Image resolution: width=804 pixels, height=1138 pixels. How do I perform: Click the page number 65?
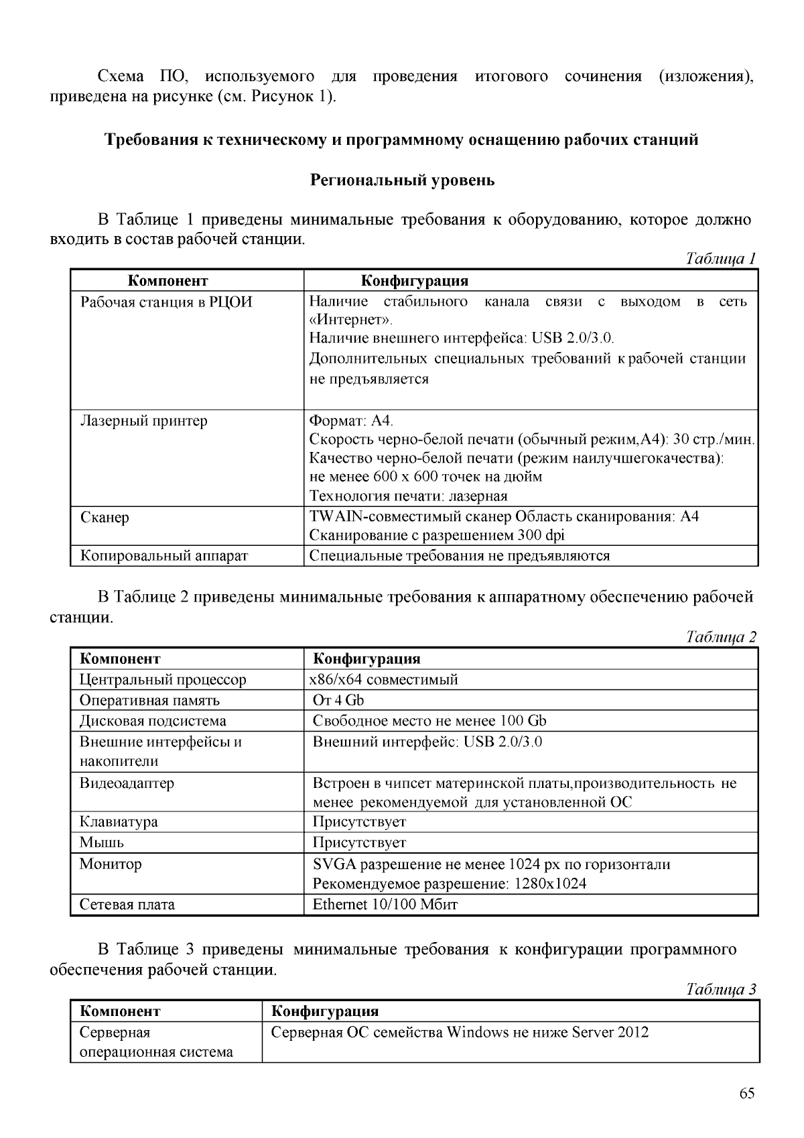pyautogui.click(x=747, y=1093)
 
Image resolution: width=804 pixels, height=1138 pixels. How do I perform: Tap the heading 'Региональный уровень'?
pyautogui.click(x=402, y=180)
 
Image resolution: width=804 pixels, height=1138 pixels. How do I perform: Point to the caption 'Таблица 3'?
pyautogui.click(x=721, y=989)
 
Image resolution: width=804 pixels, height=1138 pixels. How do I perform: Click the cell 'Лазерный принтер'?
pyautogui.click(x=144, y=421)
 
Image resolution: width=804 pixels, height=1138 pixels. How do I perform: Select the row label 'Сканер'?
pyautogui.click(x=105, y=518)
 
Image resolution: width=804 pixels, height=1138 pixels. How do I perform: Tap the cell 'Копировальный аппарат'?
pyautogui.click(x=164, y=556)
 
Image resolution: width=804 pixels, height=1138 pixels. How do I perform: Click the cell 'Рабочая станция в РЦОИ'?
pyautogui.click(x=166, y=302)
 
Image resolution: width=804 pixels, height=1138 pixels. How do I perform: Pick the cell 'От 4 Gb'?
pyautogui.click(x=338, y=700)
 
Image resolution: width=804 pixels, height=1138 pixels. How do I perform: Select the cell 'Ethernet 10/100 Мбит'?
pyautogui.click(x=385, y=905)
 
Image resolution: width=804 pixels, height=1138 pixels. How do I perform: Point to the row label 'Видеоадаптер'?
pyautogui.click(x=127, y=783)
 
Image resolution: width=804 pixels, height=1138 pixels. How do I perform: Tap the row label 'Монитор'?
pyautogui.click(x=111, y=864)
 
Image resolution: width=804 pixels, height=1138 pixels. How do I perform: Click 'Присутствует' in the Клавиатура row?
pyautogui.click(x=359, y=821)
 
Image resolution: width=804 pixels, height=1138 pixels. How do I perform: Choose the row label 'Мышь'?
pyautogui.click(x=101, y=842)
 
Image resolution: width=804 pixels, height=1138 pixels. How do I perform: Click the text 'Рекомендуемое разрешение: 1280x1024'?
pyautogui.click(x=450, y=884)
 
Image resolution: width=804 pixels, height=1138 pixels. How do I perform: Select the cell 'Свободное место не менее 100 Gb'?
pyautogui.click(x=429, y=721)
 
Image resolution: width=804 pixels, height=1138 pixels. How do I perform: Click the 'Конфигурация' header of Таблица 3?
pyautogui.click(x=324, y=1011)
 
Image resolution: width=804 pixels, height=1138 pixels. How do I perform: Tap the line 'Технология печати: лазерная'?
pyautogui.click(x=408, y=496)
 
